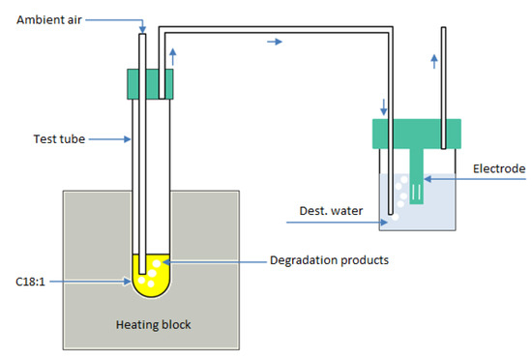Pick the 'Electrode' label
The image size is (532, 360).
498,168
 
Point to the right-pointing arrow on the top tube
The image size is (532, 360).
276,43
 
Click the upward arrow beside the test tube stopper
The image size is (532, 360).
172,54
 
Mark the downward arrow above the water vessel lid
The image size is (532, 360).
385,105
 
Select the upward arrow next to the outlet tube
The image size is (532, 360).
433,60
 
